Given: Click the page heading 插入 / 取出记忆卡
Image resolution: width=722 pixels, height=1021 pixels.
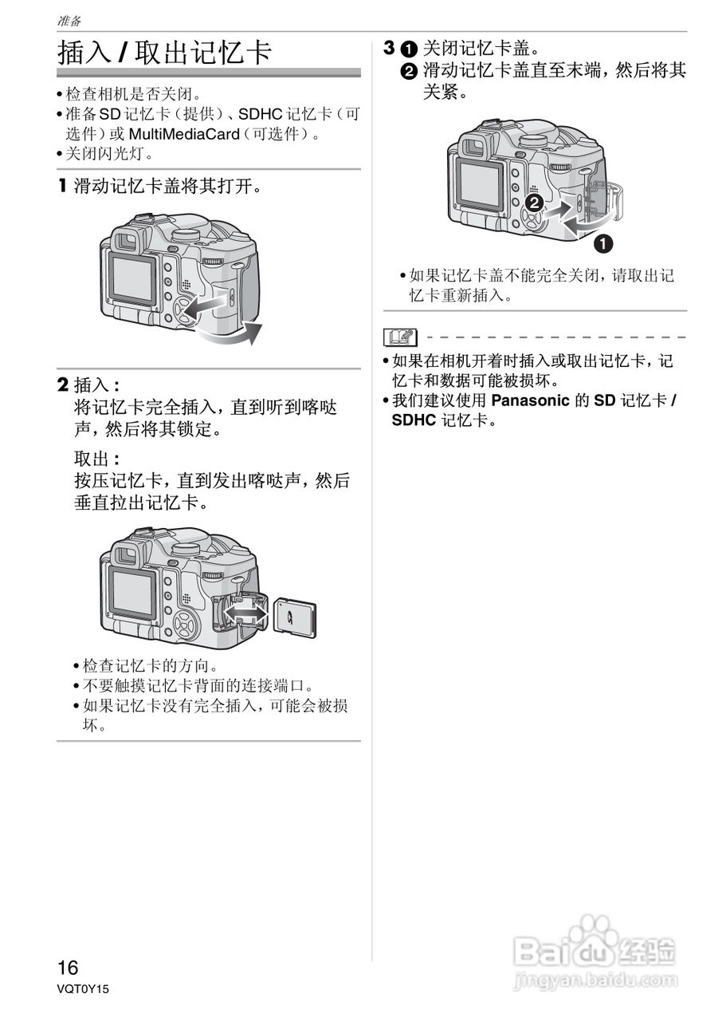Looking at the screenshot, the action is pos(165,53).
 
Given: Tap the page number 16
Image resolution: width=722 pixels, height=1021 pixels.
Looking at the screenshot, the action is pos(68,968).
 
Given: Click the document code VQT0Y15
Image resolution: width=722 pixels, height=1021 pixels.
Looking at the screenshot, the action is pos(82,989).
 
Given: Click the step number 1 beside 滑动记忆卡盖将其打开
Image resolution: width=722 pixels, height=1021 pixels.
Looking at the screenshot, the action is pos(62,187).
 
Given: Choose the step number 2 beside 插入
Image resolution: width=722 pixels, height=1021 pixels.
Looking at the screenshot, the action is pos(62,385).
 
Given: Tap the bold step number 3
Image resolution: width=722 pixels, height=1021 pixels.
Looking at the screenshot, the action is pos(388,48).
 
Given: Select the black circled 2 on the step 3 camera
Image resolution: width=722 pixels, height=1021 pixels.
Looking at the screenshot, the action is pos(535,203).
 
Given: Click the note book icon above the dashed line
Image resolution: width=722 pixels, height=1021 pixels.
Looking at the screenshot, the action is pos(400,337).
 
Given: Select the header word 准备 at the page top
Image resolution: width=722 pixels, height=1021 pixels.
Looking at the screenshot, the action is pos(69,20).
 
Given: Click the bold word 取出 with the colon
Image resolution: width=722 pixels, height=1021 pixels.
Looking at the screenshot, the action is pos(96,459).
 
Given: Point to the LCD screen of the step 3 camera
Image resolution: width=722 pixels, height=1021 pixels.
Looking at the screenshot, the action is pos(479,183).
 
